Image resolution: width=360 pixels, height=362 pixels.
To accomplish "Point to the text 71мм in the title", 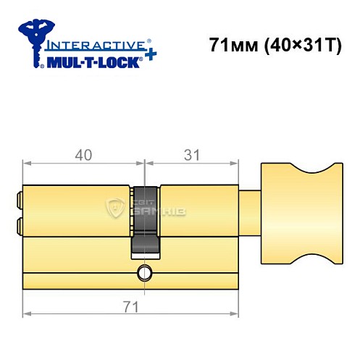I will tap(228, 46).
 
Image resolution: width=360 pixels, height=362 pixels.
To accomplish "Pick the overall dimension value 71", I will tap(131, 306).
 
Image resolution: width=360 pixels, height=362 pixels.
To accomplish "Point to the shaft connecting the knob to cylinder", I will tap(248, 211).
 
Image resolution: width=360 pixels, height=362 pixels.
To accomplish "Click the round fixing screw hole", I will tap(143, 273).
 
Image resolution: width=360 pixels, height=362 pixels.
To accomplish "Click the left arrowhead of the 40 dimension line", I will tap(27, 165).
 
